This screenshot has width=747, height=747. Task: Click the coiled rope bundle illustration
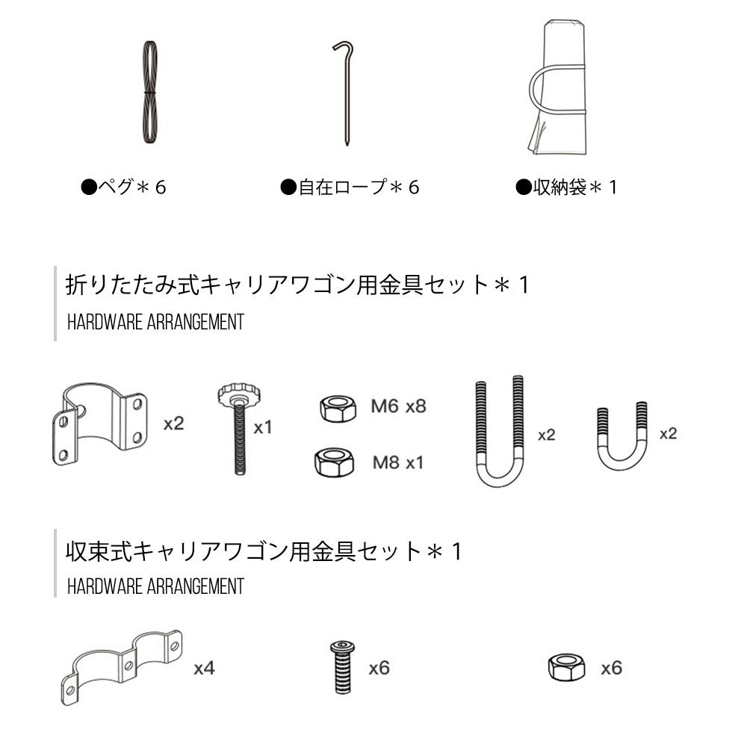click(x=150, y=92)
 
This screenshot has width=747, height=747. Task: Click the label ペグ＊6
click(x=123, y=187)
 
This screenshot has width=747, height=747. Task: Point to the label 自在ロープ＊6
click(x=350, y=187)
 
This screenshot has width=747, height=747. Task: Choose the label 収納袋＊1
click(x=566, y=187)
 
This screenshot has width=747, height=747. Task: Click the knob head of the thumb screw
click(x=239, y=394)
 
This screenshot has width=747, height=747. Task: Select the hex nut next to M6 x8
click(x=338, y=408)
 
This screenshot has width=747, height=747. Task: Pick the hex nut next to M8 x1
click(x=334, y=462)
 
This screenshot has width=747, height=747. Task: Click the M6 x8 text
click(x=398, y=406)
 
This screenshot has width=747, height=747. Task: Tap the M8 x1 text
click(x=398, y=462)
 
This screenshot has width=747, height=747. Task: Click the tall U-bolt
click(x=499, y=477)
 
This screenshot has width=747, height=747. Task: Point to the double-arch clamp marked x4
click(x=122, y=666)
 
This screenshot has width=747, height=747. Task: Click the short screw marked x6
click(x=343, y=667)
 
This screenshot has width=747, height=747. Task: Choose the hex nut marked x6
click(x=566, y=667)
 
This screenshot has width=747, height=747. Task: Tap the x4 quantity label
click(x=205, y=669)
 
